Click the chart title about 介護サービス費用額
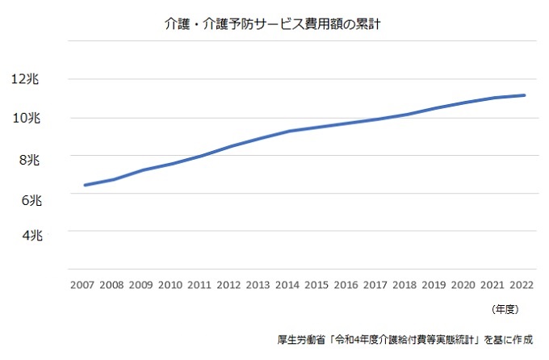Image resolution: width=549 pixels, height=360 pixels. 272,25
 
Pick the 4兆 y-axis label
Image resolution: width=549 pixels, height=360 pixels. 28,235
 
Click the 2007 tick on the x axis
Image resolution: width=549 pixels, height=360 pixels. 82,285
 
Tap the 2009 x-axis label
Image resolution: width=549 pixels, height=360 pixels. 140,285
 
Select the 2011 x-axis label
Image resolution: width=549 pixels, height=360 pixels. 199,285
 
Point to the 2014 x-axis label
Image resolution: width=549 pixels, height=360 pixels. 287,285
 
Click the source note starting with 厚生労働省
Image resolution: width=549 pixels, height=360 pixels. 404,339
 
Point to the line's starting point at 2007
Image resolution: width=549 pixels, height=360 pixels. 85,186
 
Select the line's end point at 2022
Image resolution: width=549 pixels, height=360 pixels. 525,95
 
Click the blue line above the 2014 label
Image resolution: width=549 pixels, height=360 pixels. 287,131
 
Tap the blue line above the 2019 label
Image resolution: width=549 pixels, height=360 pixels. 434,108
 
